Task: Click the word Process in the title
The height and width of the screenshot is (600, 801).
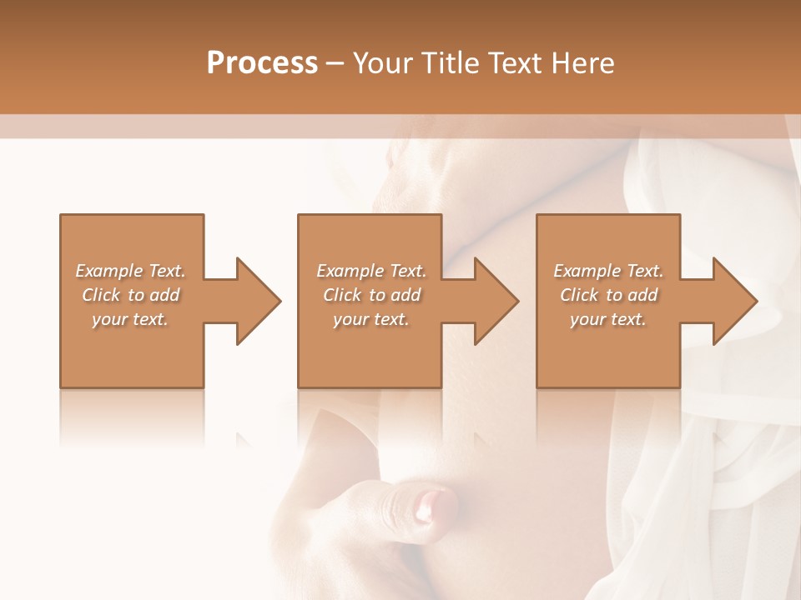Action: pyautogui.click(x=262, y=63)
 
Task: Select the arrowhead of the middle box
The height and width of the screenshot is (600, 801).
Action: pyautogui.click(x=495, y=301)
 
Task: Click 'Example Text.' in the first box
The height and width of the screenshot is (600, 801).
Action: pyautogui.click(x=130, y=271)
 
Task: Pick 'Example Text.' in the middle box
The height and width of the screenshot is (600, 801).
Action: pyautogui.click(x=371, y=271)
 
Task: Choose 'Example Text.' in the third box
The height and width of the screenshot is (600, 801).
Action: pyautogui.click(x=608, y=271)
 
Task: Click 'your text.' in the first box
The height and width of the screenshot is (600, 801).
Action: pyautogui.click(x=130, y=319)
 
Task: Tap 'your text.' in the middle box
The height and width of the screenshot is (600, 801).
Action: pyautogui.click(x=371, y=319)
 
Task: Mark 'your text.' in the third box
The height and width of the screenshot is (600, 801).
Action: pyautogui.click(x=608, y=319)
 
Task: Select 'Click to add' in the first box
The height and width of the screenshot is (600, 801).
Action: pyautogui.click(x=130, y=295)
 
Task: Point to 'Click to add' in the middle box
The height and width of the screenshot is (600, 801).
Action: pyautogui.click(x=371, y=295)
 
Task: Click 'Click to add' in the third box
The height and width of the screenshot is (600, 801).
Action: pyautogui.click(x=608, y=295)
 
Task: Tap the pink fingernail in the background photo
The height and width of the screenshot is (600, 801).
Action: pyautogui.click(x=435, y=503)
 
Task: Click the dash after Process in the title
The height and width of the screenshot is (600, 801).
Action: pyautogui.click(x=335, y=64)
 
